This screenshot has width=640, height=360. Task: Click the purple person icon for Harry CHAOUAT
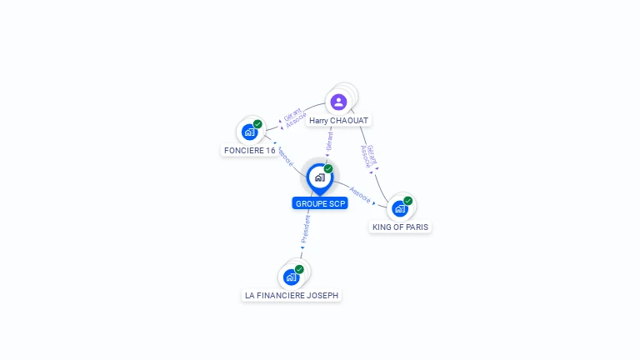338,102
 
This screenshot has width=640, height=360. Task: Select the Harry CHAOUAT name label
338,121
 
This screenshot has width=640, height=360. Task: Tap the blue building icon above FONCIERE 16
248,132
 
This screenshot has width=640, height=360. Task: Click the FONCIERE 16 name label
249,151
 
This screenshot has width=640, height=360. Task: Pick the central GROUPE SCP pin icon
319,177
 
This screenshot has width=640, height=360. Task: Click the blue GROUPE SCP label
320,203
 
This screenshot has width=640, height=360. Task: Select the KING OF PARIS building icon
400,208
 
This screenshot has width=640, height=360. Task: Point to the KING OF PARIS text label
401,227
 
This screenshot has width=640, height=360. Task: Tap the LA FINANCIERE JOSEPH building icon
290,277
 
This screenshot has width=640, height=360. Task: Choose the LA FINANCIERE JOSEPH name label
292,295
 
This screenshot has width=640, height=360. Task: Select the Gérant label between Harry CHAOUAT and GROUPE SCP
329,141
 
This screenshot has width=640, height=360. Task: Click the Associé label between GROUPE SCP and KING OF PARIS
360,194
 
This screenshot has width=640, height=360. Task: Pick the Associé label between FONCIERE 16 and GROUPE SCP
284,156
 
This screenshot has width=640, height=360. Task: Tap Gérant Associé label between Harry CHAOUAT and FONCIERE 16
294,117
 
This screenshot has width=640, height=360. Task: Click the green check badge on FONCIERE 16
257,124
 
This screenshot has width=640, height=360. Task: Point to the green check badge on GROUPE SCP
328,169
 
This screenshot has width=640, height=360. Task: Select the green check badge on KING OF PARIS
408,201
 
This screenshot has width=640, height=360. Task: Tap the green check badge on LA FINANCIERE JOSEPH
299,269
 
